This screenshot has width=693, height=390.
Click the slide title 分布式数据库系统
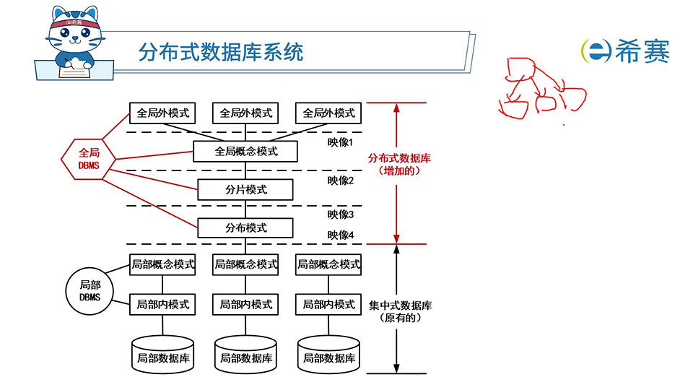point(221,52)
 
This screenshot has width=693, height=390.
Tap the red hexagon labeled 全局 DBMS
point(89,159)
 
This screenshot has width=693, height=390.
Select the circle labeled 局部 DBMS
point(90,290)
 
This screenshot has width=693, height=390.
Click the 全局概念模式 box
point(246,152)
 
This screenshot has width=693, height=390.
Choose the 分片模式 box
point(246,190)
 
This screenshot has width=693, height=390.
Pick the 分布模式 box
point(246,228)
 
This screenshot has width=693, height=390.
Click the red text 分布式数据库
point(399,158)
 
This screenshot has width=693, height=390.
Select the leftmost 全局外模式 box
point(163,113)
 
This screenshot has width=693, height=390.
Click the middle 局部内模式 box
point(246,305)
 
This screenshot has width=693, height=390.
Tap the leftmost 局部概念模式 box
point(163,264)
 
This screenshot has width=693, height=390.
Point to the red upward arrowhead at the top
point(396,108)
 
